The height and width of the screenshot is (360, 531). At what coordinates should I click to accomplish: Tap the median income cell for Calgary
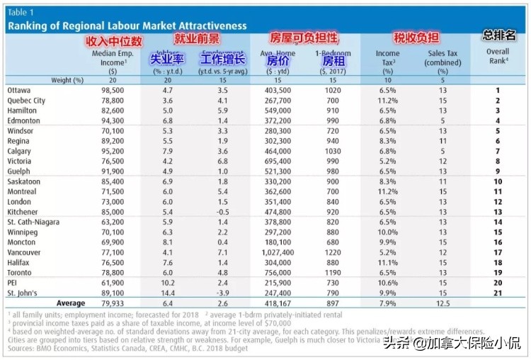tap(113, 152)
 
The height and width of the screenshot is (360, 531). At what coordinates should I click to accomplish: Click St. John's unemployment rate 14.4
tap(167, 293)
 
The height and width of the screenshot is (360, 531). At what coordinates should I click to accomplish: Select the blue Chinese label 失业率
tap(167, 60)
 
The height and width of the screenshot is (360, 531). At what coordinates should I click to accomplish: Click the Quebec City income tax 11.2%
tap(387, 101)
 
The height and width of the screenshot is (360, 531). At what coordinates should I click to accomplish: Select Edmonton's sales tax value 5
tap(442, 121)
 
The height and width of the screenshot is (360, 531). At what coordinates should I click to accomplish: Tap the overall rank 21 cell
tap(497, 293)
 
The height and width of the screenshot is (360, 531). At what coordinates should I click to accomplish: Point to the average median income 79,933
tap(113, 303)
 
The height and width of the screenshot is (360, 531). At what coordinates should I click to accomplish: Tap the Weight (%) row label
tap(67, 80)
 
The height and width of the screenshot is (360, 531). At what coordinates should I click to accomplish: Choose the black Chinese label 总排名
tap(500, 35)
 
